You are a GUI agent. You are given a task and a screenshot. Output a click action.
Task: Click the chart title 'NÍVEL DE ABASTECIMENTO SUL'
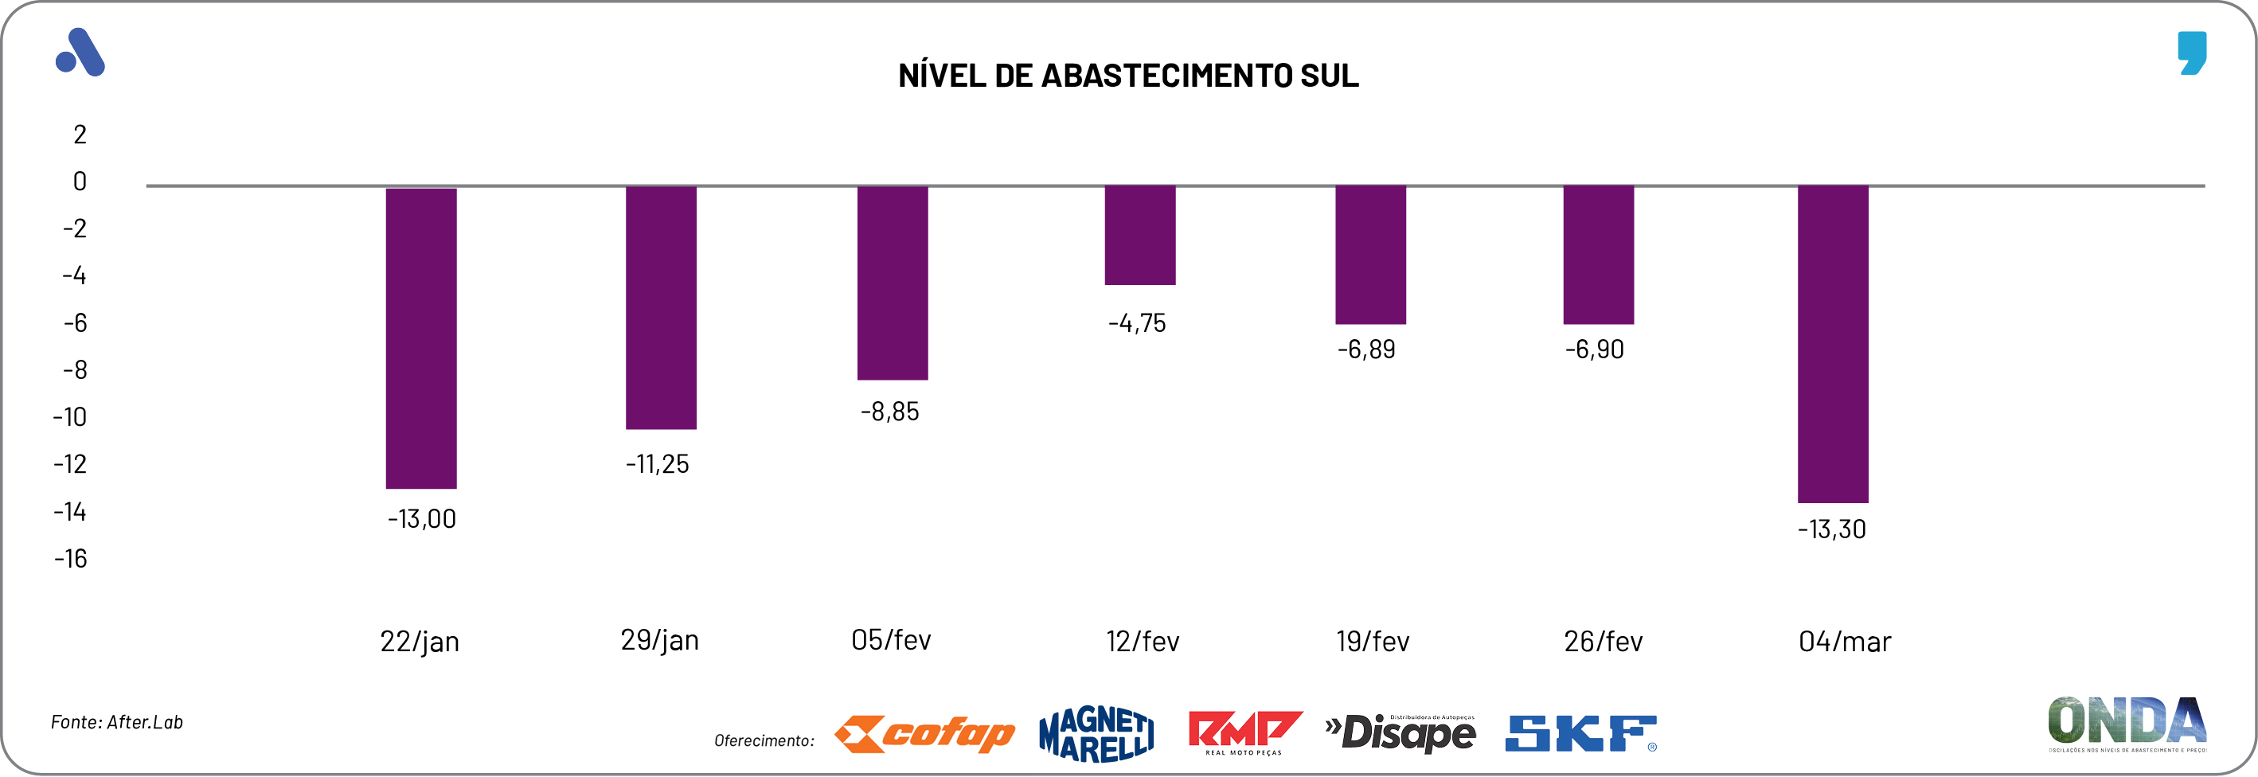1128,76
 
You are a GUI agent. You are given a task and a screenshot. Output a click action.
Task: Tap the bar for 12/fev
1139,235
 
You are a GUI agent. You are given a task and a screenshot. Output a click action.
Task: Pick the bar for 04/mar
1833,343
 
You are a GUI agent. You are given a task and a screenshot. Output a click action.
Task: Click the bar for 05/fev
893,283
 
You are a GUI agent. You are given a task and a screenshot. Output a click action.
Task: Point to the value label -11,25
658,464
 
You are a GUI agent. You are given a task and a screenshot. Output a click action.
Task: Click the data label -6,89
1365,349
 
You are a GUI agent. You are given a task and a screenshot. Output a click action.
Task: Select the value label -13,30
1831,529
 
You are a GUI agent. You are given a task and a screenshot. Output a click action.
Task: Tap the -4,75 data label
1137,323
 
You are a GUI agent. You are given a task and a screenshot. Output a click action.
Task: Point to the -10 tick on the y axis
70,417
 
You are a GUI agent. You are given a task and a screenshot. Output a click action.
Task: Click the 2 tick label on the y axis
80,135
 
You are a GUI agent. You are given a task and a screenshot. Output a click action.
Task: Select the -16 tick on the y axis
70,559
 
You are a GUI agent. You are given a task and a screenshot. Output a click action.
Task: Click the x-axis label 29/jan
659,640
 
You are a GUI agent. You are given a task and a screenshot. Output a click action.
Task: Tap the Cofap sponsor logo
924,734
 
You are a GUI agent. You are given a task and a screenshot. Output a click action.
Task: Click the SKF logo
1580,734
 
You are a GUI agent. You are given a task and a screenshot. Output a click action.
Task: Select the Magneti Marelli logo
1096,734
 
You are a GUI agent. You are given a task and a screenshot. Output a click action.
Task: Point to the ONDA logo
2127,724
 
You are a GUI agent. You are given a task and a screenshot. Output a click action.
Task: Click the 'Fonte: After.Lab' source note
116,723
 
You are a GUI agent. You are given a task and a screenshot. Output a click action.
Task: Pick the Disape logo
1401,733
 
